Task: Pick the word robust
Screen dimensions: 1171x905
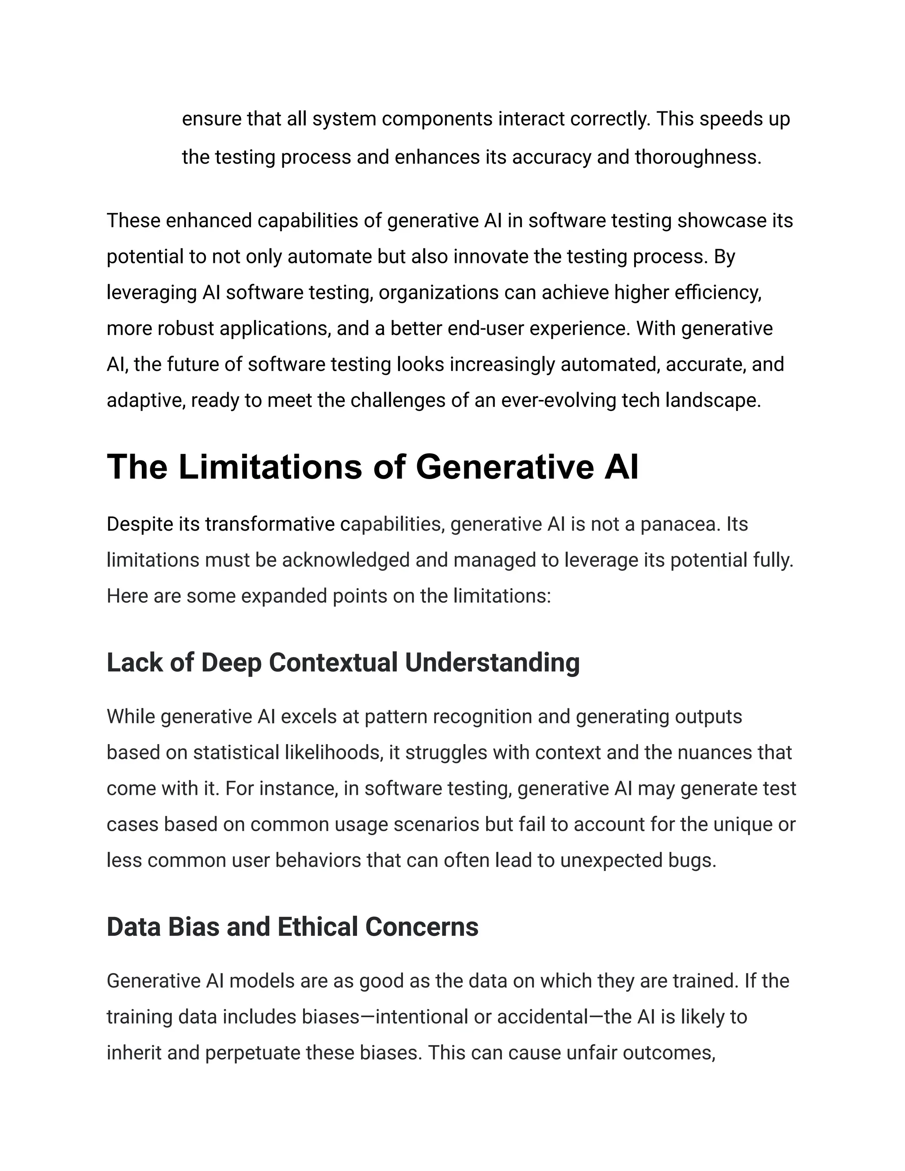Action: click(186, 328)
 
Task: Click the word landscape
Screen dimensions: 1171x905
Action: click(712, 400)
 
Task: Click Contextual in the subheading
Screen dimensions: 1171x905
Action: click(334, 662)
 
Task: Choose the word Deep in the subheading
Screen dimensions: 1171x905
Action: click(231, 662)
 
